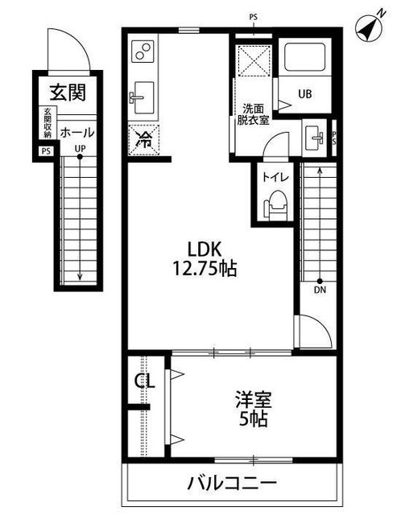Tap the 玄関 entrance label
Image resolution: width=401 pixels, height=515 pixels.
[67, 93]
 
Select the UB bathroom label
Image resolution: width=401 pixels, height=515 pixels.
[305, 93]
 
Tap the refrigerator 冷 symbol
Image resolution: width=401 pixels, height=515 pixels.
[144, 138]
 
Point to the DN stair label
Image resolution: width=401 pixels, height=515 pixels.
[320, 290]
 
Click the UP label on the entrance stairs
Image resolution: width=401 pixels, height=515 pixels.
[80, 149]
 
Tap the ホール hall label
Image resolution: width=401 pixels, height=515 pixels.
[76, 132]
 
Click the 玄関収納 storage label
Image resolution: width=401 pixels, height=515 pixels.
[47, 122]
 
